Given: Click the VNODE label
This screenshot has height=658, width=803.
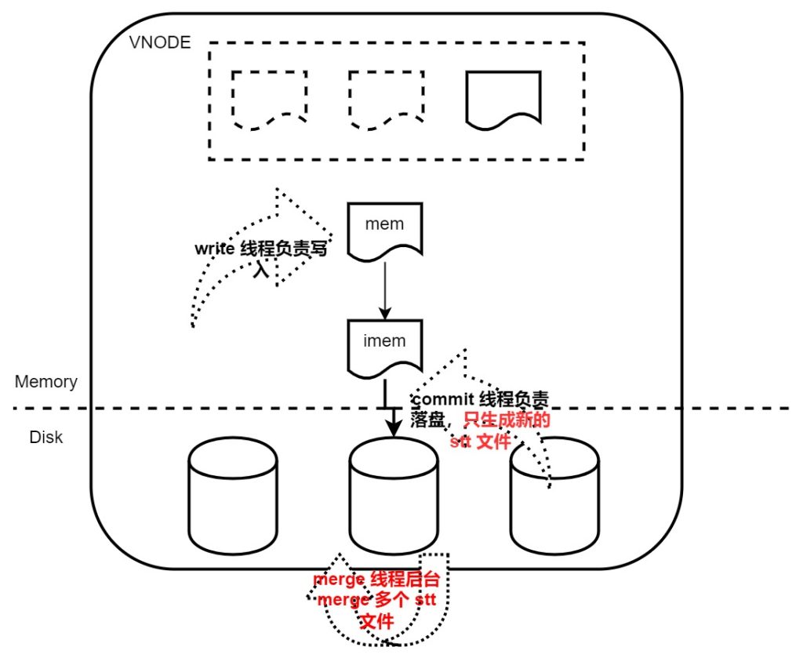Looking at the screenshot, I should point(159,42).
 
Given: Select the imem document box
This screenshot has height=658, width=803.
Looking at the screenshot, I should point(385,346).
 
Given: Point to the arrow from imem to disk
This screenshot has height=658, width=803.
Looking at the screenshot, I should point(390,408).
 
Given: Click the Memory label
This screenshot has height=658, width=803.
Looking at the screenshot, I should point(46,382).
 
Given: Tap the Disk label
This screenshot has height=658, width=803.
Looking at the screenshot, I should point(45,437).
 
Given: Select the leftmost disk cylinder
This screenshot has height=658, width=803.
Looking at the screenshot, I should point(233,495).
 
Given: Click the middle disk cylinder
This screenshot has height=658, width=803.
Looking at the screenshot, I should point(393,495).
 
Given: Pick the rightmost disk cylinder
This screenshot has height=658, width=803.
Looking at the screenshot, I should point(554,495).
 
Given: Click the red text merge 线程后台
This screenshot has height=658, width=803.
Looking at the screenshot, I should point(376,581).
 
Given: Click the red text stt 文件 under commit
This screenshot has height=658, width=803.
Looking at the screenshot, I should point(481,442).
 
